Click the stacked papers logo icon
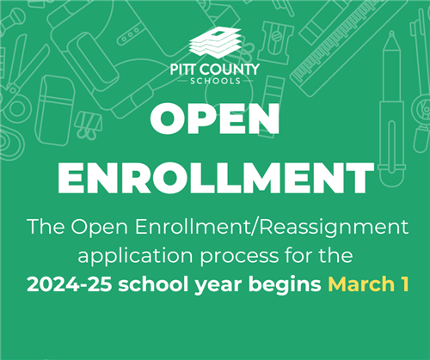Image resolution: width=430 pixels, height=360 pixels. click(x=216, y=41)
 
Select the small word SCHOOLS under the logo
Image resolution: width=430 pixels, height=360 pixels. click(x=216, y=81)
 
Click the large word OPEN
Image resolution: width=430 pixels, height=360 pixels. click(x=215, y=119)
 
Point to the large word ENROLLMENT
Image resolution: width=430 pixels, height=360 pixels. click(x=216, y=178)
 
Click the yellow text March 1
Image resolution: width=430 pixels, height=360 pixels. click(x=368, y=284)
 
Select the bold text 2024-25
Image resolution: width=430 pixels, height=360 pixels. click(x=69, y=284)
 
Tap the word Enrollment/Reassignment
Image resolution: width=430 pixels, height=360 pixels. click(x=272, y=227)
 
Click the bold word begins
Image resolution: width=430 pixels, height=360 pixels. click(x=285, y=285)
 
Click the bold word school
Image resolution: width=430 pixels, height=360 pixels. click(x=153, y=284)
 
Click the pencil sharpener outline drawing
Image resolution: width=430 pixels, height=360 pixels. click(x=276, y=43)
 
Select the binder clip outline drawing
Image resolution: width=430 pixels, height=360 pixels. click(x=88, y=125)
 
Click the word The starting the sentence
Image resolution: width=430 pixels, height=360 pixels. click(x=46, y=227)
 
